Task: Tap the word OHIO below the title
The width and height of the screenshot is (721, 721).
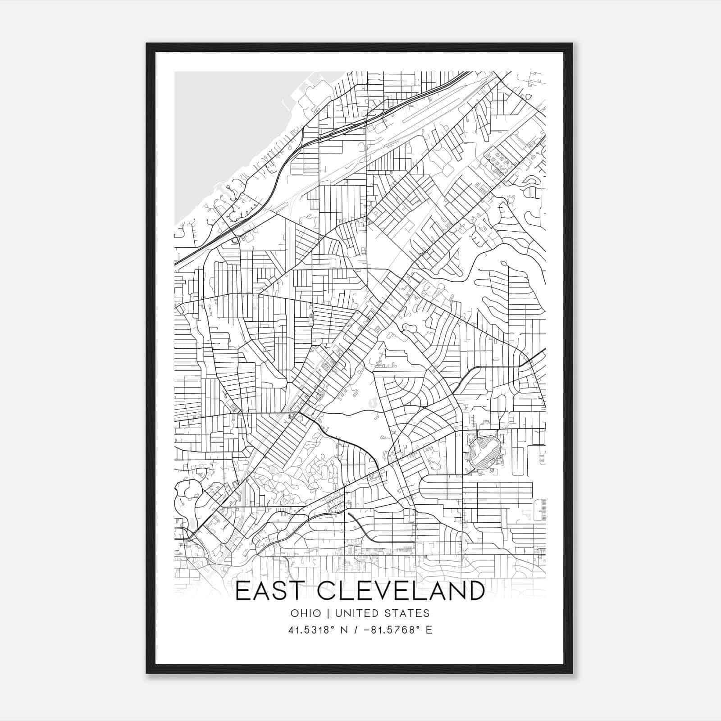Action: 306,613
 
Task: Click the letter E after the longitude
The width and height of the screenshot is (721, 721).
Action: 429,630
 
